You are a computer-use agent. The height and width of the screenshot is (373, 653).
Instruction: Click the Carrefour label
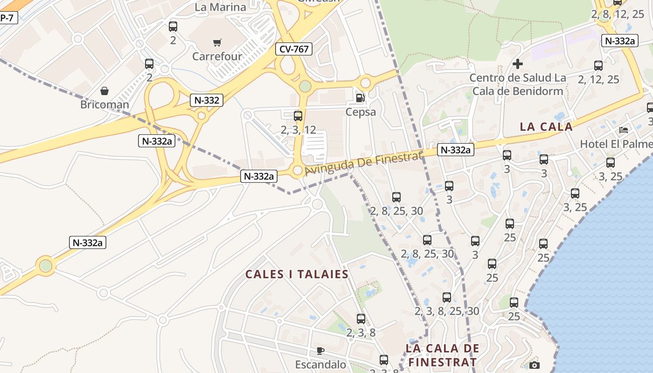click(x=217, y=56)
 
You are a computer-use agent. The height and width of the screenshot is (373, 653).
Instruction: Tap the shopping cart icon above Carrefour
click(x=217, y=43)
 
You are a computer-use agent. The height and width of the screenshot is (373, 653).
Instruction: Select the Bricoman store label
click(x=104, y=104)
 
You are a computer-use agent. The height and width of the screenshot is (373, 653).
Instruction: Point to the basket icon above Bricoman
click(x=104, y=90)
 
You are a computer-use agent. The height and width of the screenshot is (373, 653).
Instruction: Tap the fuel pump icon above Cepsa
click(x=360, y=98)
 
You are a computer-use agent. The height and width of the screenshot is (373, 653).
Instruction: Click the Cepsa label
click(x=361, y=112)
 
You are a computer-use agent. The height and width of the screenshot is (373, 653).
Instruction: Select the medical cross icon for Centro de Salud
click(x=518, y=64)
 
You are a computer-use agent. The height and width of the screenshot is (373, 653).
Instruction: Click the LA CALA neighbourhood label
click(x=546, y=127)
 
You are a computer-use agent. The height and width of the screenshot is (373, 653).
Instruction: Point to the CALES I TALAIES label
click(x=297, y=274)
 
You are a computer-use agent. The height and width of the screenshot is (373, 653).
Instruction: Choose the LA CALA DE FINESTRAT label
click(x=442, y=355)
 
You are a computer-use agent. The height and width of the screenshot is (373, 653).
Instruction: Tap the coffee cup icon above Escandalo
click(x=320, y=351)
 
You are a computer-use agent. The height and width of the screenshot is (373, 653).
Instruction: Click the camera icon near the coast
click(x=535, y=365)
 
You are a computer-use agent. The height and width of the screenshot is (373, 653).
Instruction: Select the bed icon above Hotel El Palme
click(x=624, y=130)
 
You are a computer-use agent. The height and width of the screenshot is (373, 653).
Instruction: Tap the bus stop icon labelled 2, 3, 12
click(x=298, y=116)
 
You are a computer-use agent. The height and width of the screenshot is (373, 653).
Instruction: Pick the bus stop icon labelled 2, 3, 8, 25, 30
click(x=447, y=297)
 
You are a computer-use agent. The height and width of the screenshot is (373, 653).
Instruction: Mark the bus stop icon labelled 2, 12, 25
click(x=598, y=66)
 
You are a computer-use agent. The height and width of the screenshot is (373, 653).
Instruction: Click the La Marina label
click(x=220, y=7)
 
